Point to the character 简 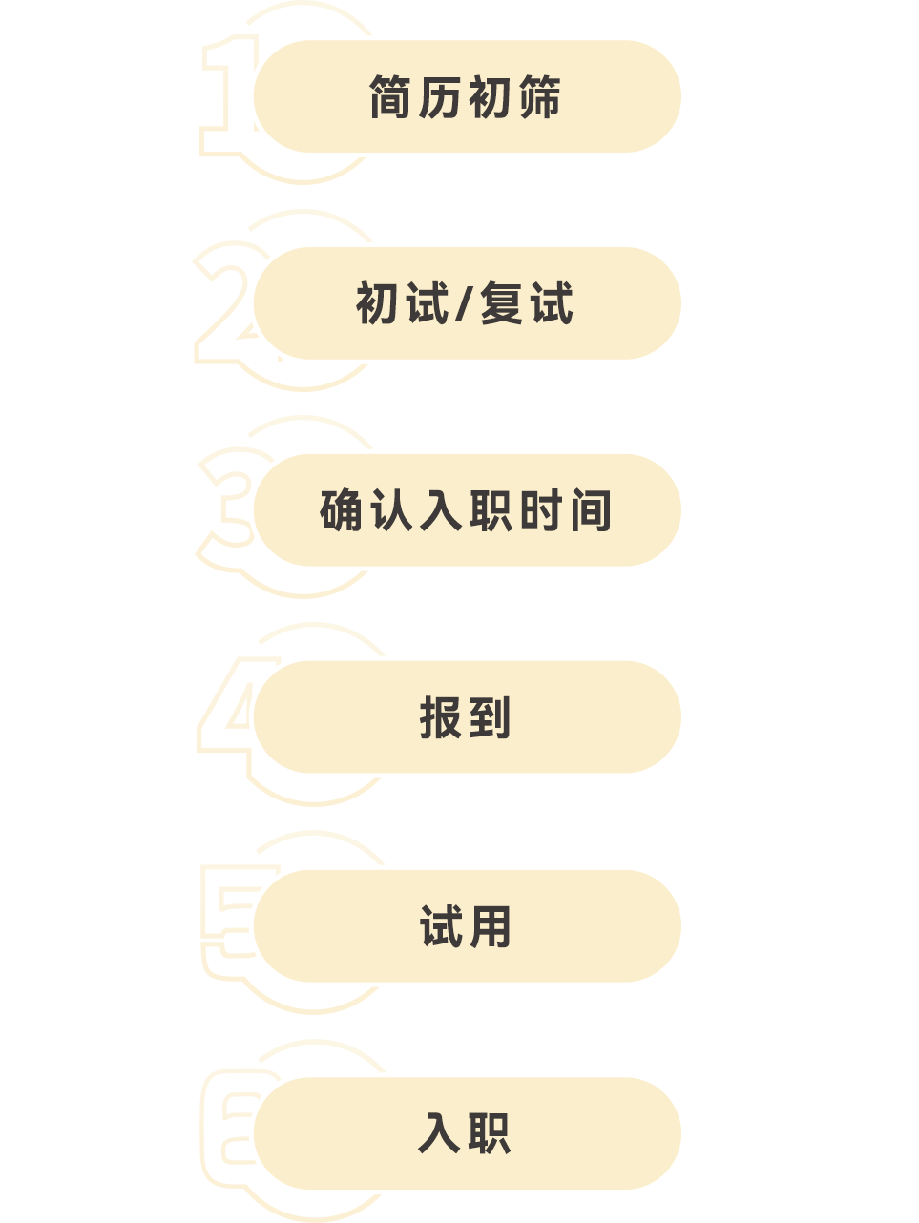391,97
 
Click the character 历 440,97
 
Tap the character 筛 540,97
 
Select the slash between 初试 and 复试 465,304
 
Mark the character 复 502,304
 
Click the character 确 342,510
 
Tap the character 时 540,510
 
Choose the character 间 591,510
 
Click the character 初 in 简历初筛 490,97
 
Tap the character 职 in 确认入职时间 491,510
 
